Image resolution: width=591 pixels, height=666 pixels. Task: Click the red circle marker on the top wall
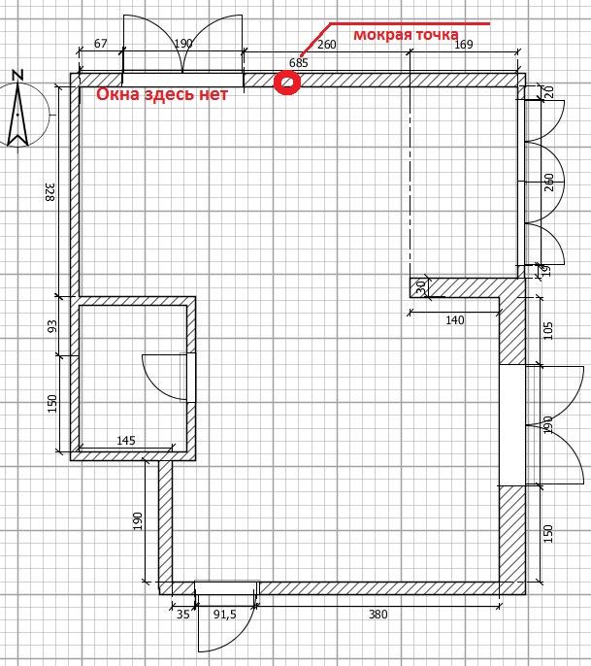[287, 83]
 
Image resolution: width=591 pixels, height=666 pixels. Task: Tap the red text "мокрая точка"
[406, 34]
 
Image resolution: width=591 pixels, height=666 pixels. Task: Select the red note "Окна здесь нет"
[162, 94]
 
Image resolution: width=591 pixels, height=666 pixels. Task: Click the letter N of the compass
[17, 76]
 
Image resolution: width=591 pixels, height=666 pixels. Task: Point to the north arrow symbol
[17, 115]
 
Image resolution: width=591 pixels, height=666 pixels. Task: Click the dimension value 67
[100, 44]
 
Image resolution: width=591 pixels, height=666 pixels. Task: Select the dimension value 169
[464, 45]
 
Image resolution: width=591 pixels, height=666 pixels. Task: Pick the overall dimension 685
[299, 63]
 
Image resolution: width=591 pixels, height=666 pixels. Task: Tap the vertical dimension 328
[50, 192]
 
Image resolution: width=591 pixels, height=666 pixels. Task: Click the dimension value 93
[51, 326]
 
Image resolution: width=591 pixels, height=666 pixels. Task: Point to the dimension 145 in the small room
[126, 441]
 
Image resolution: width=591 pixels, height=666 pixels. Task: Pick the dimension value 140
[455, 319]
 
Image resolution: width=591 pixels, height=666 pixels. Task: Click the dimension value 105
[548, 330]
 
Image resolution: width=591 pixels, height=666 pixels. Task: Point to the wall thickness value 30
[421, 287]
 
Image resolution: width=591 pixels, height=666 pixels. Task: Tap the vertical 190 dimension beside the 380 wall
[137, 521]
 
